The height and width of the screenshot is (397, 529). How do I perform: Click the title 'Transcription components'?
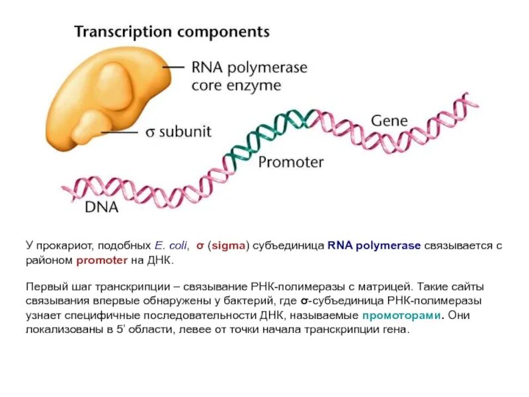coord(171,31)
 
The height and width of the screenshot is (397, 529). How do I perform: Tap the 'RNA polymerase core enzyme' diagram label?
coord(249,76)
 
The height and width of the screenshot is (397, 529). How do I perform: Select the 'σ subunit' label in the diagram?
coord(178,132)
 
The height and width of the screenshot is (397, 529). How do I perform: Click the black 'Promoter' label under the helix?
coord(290,162)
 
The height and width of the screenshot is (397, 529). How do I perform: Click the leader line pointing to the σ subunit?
coord(118,132)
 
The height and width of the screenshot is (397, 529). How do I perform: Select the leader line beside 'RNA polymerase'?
coord(173,67)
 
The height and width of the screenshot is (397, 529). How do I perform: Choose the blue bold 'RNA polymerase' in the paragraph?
coord(374,245)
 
